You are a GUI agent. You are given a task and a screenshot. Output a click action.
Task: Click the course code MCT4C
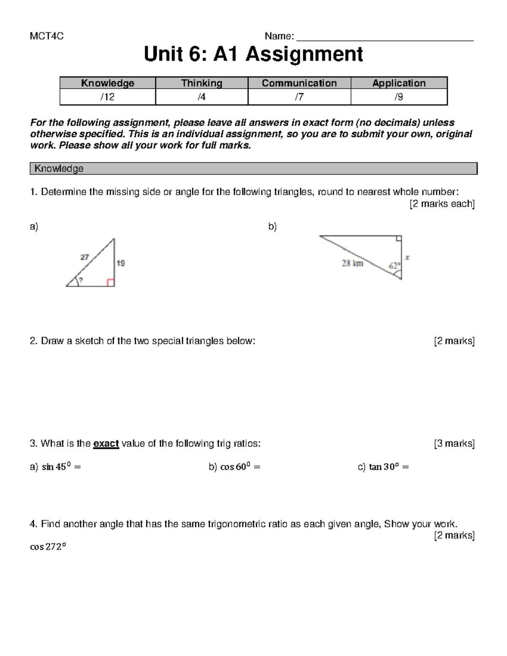[x=46, y=36]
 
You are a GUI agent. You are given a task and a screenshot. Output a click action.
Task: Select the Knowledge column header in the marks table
[x=108, y=83]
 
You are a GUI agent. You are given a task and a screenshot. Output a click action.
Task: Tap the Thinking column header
[x=202, y=83]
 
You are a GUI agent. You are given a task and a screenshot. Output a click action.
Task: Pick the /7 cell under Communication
[x=299, y=97]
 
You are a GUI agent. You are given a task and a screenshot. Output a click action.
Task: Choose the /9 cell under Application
[x=398, y=97]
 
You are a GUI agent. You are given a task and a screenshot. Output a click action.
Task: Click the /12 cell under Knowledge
[x=108, y=97]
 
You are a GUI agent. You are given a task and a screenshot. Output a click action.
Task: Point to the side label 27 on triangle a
[x=84, y=257]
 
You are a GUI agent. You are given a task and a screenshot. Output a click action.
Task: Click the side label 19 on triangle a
[x=121, y=263]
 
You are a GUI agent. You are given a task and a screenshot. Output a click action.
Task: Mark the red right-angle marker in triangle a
[x=111, y=283]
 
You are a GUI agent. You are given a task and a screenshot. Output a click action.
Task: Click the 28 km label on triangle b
[x=352, y=264]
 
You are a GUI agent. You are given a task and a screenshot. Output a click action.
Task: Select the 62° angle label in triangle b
[x=394, y=266]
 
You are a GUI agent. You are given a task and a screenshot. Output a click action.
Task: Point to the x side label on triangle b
[x=407, y=257]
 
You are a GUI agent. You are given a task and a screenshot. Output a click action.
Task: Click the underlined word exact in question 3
[x=106, y=444]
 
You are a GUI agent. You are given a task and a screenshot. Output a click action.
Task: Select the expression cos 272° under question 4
[x=48, y=547]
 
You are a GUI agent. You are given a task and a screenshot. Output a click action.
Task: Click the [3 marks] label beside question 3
[x=454, y=444]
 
